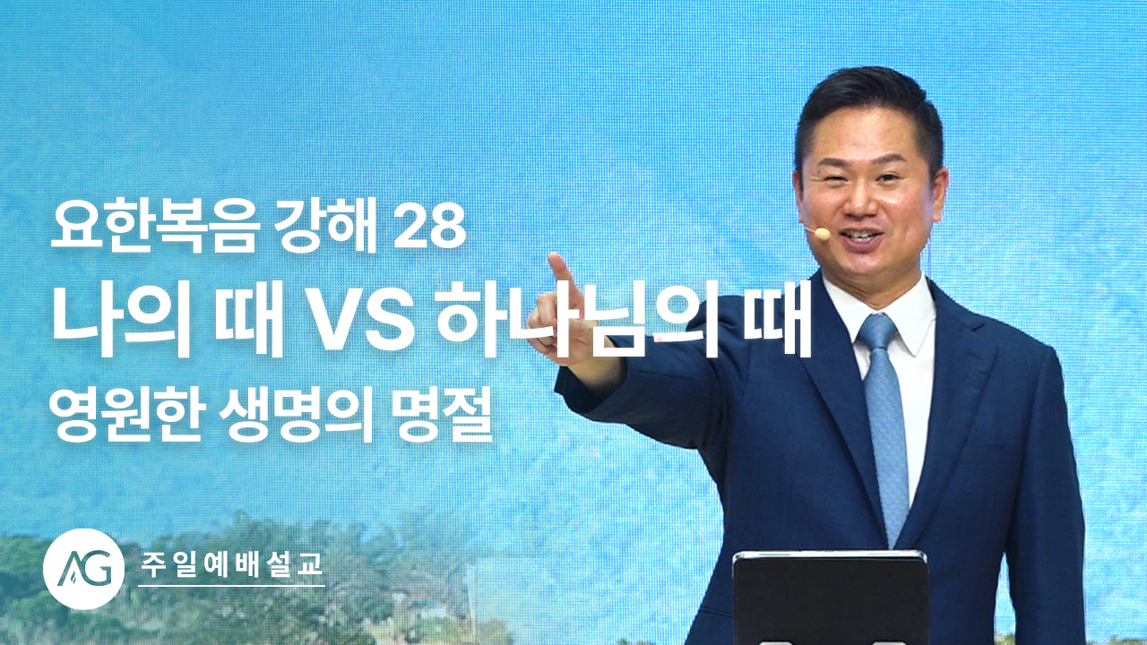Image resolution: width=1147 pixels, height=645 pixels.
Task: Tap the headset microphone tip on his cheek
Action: point(823,234)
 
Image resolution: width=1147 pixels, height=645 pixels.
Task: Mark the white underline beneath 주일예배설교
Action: point(231,586)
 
